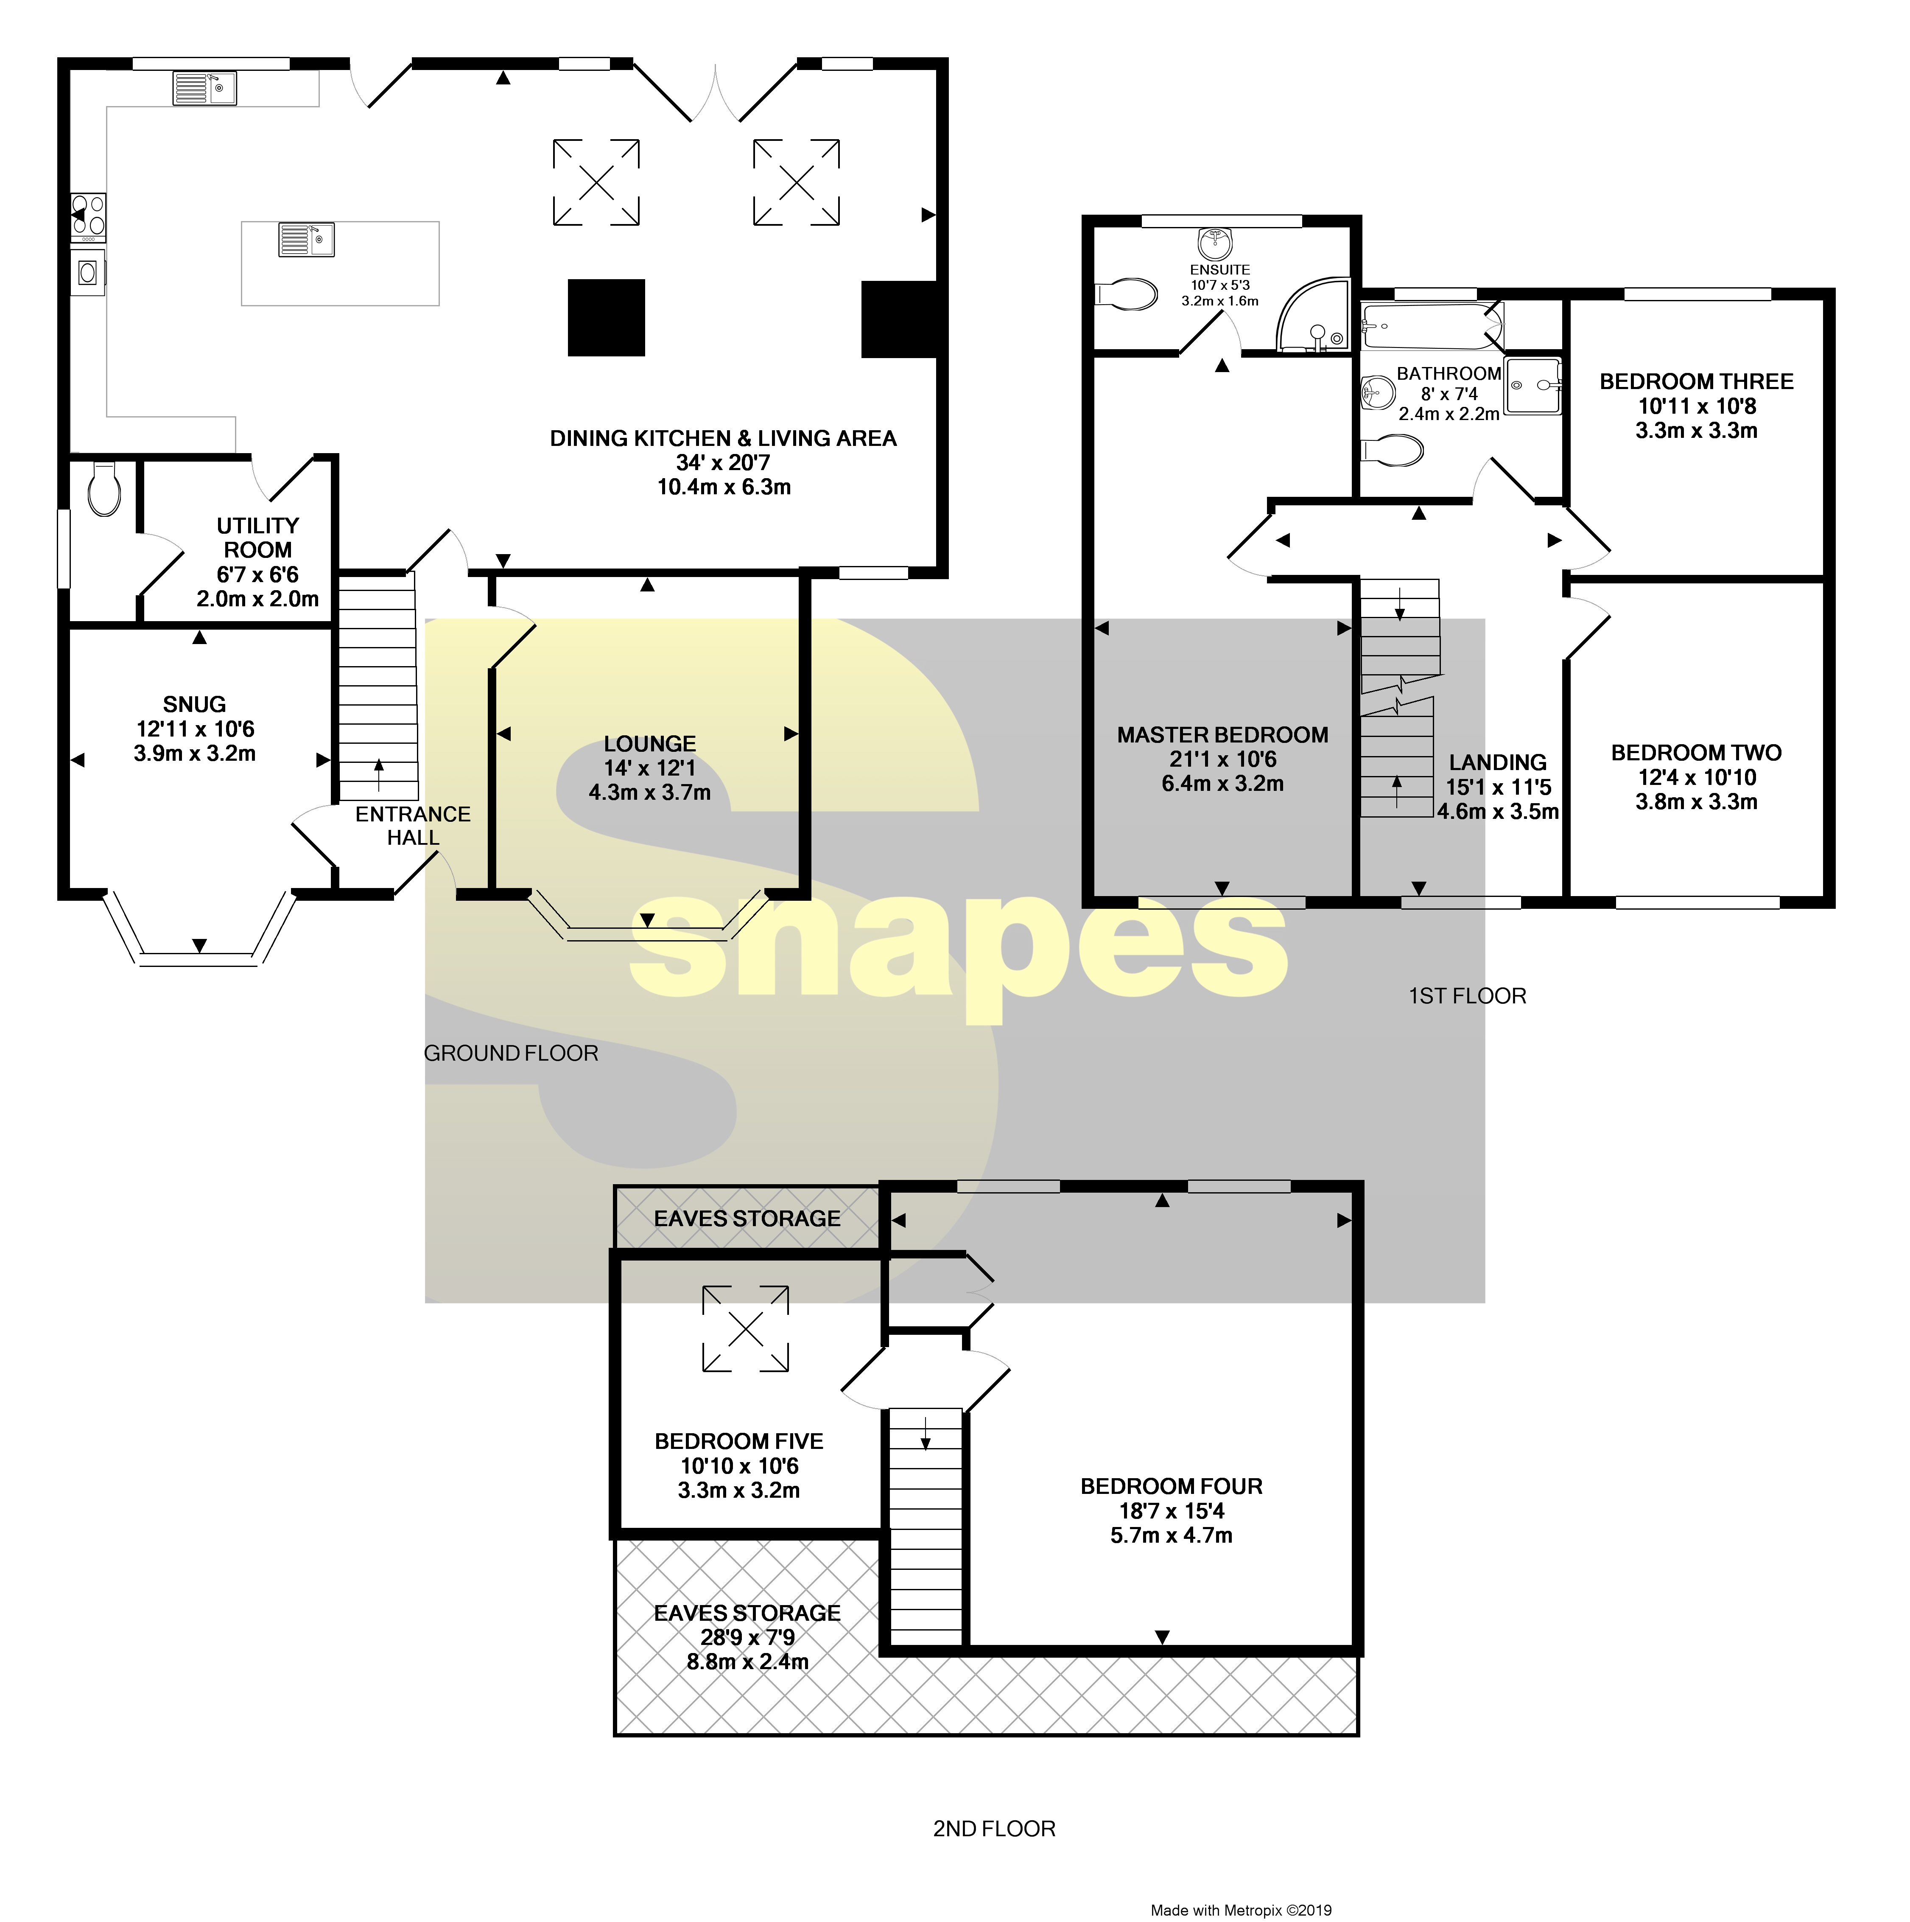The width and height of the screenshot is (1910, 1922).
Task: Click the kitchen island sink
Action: [306, 240]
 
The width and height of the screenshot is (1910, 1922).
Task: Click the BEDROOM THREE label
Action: [1696, 382]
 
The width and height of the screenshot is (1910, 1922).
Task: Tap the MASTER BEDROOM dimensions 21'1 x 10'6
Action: [1222, 759]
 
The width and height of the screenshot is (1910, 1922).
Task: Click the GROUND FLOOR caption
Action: [511, 1053]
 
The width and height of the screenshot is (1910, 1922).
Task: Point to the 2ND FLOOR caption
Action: [994, 1829]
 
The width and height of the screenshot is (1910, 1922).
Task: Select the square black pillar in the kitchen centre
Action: [606, 317]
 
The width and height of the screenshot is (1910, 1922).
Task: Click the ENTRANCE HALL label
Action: [413, 826]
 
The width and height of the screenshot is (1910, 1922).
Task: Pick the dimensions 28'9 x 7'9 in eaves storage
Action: [747, 1637]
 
